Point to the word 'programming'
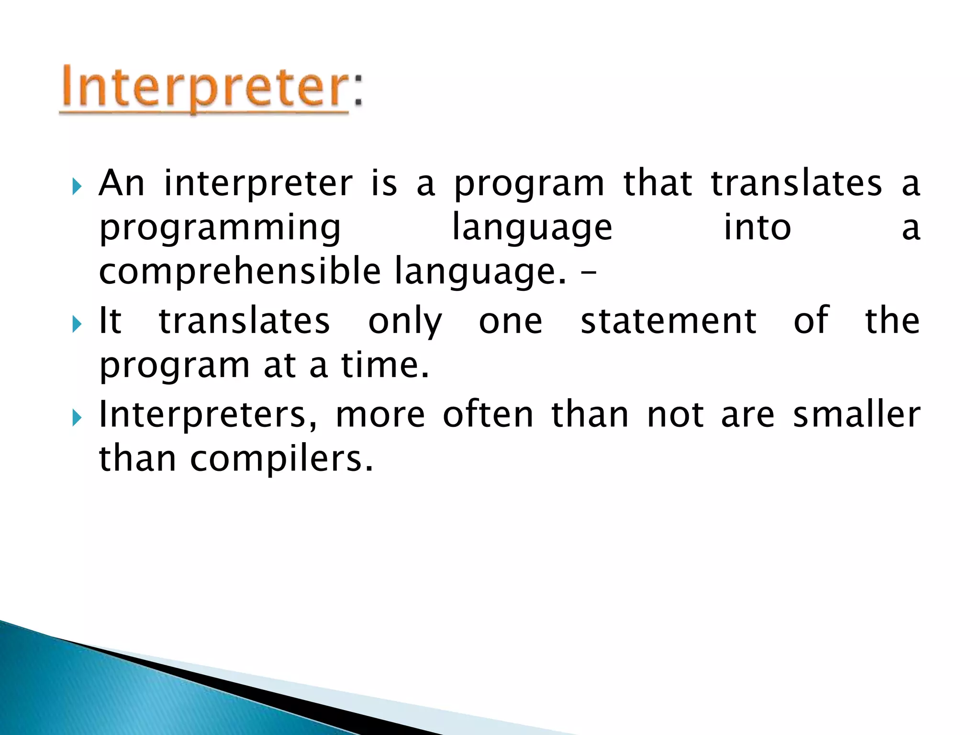click(x=220, y=228)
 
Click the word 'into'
click(x=757, y=228)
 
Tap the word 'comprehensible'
click(x=240, y=272)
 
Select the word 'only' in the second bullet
click(x=405, y=322)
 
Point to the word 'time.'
click(x=385, y=365)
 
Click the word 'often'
click(x=488, y=414)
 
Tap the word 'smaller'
click(x=857, y=414)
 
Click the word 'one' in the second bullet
click(x=511, y=322)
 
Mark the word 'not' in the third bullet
click(x=675, y=414)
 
